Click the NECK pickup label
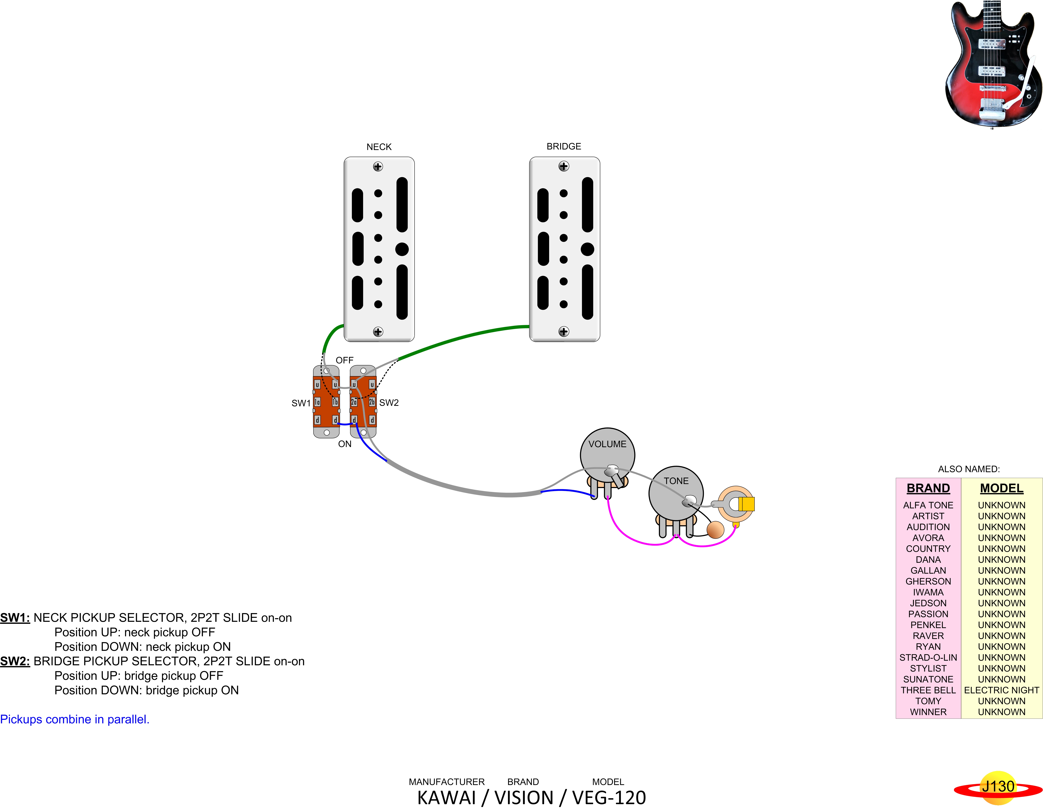point(379,147)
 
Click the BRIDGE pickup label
point(563,146)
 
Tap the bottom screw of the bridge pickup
point(563,331)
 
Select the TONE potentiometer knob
point(676,492)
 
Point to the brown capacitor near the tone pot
point(715,530)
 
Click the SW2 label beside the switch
point(389,403)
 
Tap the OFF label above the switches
point(344,360)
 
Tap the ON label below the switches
point(344,444)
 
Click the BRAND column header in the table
point(928,488)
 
